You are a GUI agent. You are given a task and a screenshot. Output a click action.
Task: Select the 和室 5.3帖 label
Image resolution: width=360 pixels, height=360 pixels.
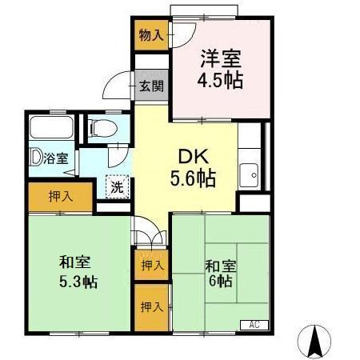[78, 272]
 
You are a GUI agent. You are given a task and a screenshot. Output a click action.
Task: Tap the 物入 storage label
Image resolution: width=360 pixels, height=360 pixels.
[150, 35]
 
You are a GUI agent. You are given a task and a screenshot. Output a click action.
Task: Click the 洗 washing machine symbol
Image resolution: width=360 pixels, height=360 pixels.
[117, 186]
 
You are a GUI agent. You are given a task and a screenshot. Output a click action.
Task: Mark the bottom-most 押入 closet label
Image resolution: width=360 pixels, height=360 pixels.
[150, 306]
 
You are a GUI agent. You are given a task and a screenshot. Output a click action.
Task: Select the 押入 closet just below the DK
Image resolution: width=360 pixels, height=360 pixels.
[150, 264]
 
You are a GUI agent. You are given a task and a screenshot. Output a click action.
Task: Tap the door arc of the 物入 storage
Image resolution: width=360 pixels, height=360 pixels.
[182, 32]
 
